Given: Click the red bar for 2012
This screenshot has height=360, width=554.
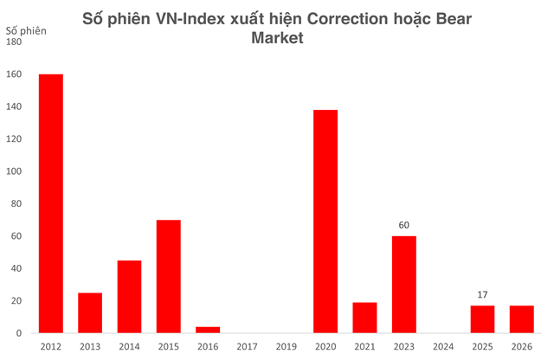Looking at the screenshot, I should click(x=51, y=203).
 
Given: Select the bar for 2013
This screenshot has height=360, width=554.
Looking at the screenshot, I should click(x=90, y=312).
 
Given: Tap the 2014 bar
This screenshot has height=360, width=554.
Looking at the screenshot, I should click(x=130, y=297).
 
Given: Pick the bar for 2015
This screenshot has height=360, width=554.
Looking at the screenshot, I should click(x=169, y=276).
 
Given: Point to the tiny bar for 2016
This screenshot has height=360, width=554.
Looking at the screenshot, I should click(x=208, y=330).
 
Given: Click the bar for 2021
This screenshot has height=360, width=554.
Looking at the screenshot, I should click(x=364, y=318).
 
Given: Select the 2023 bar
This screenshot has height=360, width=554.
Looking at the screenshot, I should click(x=404, y=285).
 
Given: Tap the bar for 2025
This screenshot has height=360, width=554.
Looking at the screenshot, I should click(x=482, y=319).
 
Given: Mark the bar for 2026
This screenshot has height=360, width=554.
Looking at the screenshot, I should click(x=522, y=319).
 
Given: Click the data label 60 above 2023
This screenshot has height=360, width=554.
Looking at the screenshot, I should click(x=404, y=225).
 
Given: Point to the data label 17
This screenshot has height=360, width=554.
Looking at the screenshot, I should click(x=482, y=295).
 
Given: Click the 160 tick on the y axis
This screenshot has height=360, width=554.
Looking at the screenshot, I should click(x=15, y=74).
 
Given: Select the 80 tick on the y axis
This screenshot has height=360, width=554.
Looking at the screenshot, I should click(x=17, y=203).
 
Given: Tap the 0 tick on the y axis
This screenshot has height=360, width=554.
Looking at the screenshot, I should click(x=20, y=333).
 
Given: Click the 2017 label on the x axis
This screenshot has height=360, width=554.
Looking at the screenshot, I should click(x=248, y=348).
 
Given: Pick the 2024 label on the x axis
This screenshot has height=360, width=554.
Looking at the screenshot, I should click(x=443, y=348).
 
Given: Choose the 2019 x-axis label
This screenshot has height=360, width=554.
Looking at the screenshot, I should click(x=287, y=348).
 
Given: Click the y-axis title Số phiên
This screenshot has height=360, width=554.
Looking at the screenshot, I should click(x=27, y=32).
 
